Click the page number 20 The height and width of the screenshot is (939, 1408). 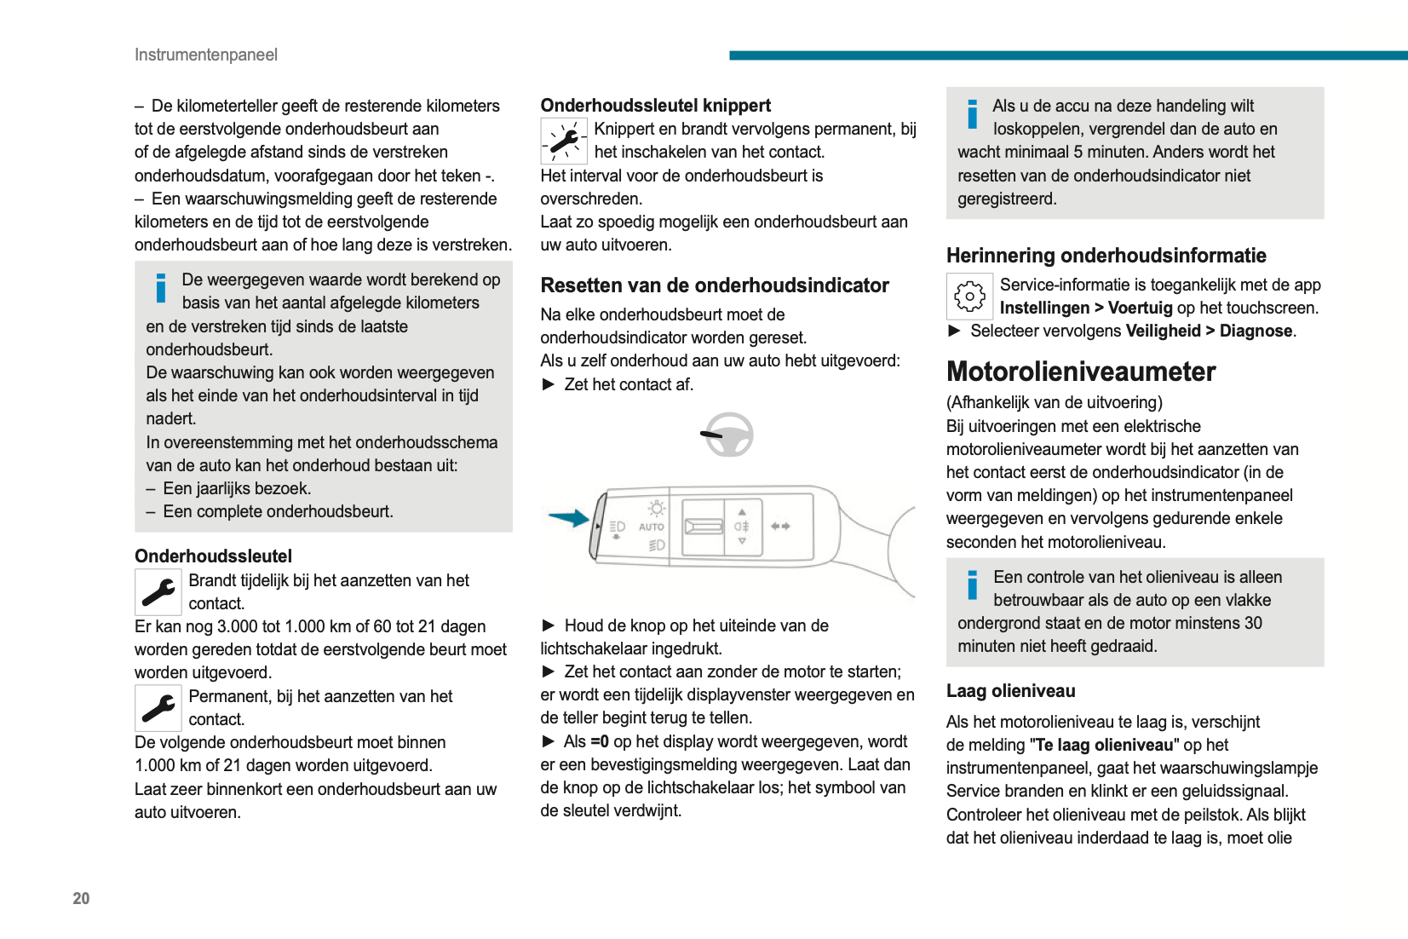coord(81,898)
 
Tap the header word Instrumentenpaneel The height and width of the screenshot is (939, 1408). coord(206,55)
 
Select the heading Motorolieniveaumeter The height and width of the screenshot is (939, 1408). coord(1080,372)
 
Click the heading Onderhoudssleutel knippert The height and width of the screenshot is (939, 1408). coord(655,106)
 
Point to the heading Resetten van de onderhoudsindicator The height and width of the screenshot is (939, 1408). coord(714,285)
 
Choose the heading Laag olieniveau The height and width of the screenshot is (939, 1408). coord(1010,691)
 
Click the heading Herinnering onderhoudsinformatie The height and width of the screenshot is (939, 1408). coord(1106,256)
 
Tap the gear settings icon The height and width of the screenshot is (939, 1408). coord(969,297)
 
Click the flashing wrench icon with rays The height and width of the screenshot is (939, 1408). coord(564,141)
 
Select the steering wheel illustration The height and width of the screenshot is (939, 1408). coord(729,435)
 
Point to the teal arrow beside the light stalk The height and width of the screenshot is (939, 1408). coord(568,517)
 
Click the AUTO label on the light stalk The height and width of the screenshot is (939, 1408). coord(652,527)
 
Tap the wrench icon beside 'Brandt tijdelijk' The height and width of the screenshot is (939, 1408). coord(158,592)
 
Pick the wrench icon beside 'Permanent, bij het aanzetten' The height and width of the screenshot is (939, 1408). coord(158,708)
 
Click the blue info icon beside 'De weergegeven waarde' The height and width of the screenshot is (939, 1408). coord(161,288)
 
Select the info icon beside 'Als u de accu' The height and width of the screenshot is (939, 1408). coord(972,114)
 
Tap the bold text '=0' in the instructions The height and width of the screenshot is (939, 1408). coord(600,742)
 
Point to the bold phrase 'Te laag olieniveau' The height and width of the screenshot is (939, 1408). coord(1104,746)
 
